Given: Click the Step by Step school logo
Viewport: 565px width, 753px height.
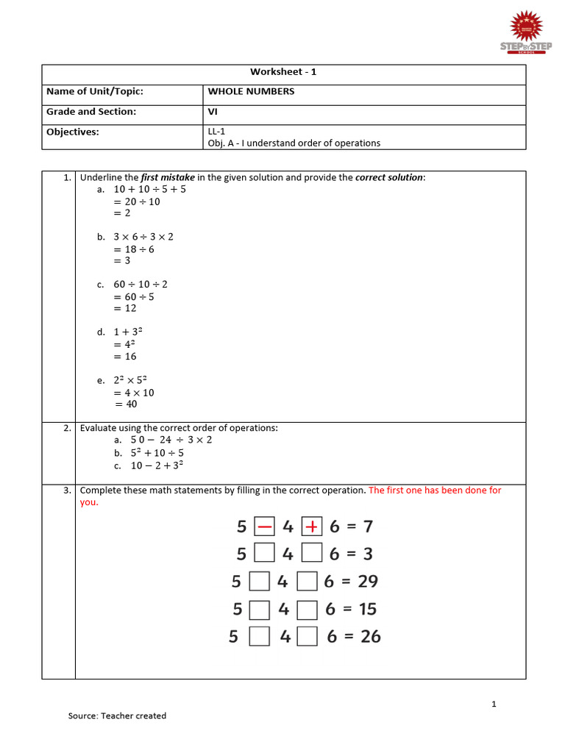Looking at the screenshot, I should pyautogui.click(x=525, y=32).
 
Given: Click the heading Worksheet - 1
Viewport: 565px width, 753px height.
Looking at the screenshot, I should pyautogui.click(x=283, y=72).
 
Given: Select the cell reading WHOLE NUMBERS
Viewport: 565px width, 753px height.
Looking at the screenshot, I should pyautogui.click(x=251, y=91).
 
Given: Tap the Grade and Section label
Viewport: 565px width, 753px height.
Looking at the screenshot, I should pyautogui.click(x=91, y=112).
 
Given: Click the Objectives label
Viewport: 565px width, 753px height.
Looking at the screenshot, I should pyautogui.click(x=72, y=132).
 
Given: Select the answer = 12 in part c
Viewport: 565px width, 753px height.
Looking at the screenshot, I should pyautogui.click(x=124, y=309).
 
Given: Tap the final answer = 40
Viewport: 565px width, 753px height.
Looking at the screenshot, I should pyautogui.click(x=125, y=404).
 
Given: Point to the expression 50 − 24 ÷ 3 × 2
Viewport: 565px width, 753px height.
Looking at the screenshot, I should pyautogui.click(x=171, y=440).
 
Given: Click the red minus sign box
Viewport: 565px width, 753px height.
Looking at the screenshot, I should pyautogui.click(x=263, y=527).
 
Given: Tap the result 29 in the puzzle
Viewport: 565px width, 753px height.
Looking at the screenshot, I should pyautogui.click(x=368, y=582).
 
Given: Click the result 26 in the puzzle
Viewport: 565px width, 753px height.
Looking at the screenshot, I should pyautogui.click(x=371, y=637).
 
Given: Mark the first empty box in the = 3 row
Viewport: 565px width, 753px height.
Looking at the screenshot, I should pyautogui.click(x=263, y=554).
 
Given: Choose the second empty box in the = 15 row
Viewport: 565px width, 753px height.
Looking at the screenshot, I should pyautogui.click(x=308, y=610).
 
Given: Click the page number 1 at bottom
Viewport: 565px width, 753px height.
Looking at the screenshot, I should pyautogui.click(x=494, y=704).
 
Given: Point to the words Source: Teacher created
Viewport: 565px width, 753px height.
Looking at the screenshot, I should pyautogui.click(x=117, y=715).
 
